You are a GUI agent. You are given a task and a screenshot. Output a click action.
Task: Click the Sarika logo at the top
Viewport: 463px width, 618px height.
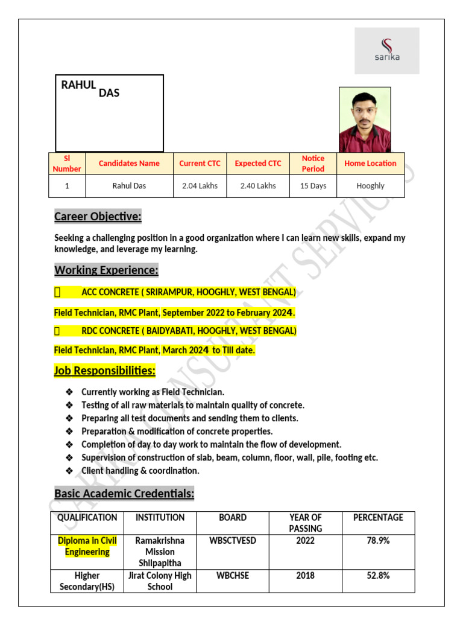click(386, 51)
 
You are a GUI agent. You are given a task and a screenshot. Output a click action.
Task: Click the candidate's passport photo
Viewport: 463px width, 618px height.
click(365, 119)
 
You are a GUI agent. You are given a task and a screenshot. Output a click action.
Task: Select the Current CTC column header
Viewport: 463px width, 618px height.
click(200, 164)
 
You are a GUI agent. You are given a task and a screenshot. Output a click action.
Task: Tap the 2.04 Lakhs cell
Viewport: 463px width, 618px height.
click(200, 186)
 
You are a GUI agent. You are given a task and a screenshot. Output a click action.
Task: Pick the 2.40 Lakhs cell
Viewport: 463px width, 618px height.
click(258, 186)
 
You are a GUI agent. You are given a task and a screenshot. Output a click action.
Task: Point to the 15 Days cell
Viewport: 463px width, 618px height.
click(313, 186)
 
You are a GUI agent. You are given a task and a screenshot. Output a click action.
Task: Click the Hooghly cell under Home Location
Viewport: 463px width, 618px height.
click(370, 186)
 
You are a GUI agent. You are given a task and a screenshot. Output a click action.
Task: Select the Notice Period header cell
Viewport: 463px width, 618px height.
click(313, 164)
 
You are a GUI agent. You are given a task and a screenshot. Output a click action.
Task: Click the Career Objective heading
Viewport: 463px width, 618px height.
click(98, 217)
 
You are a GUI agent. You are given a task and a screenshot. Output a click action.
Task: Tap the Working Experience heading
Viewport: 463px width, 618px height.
click(106, 270)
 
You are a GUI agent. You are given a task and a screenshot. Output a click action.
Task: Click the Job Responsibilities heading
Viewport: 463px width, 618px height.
click(104, 370)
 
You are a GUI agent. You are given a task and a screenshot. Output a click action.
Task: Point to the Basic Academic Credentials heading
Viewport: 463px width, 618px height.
click(124, 494)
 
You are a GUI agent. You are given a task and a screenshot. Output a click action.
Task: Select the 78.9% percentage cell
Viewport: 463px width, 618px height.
click(378, 541)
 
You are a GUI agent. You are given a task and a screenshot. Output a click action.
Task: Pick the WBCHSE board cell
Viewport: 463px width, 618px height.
click(233, 576)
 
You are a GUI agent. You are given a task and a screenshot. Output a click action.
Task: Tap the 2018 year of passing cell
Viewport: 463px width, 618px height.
click(305, 576)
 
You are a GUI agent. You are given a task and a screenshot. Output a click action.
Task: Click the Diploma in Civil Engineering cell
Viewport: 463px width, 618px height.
click(87, 546)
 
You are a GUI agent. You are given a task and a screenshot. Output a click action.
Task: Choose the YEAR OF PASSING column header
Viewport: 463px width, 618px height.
click(305, 523)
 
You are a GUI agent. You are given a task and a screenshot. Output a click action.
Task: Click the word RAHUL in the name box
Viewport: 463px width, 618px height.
click(78, 85)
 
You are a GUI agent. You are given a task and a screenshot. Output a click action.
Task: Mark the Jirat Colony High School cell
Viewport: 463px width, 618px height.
click(160, 581)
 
